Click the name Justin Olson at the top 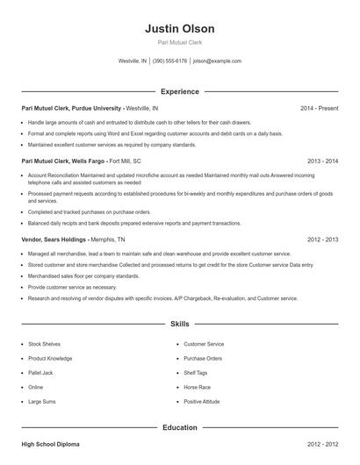point(179,29)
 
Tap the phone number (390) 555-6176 point(169,61)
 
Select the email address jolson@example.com point(217,61)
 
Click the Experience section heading point(179,91)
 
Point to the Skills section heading point(179,324)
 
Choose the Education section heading point(179,427)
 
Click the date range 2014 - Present point(319,108)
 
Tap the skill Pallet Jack point(41,373)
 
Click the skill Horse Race point(198,387)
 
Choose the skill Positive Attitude point(203,401)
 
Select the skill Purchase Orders point(203,359)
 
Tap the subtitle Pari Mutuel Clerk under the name point(179,43)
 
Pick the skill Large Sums point(42,401)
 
